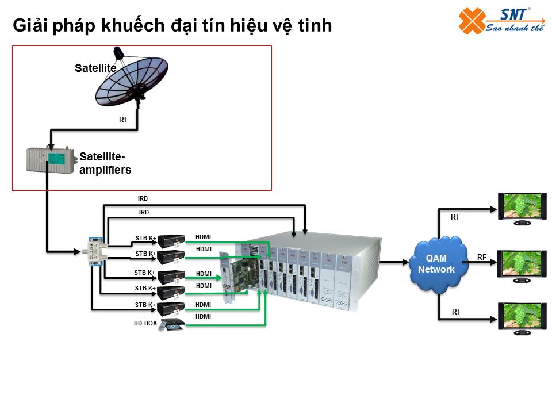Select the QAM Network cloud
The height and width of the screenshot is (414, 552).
[x=436, y=264]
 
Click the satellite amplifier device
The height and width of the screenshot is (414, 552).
[x=51, y=160]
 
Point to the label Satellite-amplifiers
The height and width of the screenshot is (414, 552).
[x=105, y=163]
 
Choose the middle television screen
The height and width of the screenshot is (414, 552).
[x=522, y=265]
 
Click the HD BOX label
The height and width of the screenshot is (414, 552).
[x=145, y=324]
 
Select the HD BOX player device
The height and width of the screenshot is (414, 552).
[x=172, y=325]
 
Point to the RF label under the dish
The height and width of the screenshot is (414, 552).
[x=124, y=120]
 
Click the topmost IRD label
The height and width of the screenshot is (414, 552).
[x=143, y=198]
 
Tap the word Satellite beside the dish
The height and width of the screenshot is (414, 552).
[x=95, y=68]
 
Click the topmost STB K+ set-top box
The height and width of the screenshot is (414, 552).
[x=171, y=240]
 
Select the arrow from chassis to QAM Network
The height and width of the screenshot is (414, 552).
[x=396, y=263]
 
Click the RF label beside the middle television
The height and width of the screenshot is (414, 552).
[x=482, y=257]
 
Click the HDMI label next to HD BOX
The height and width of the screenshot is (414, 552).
[x=203, y=316]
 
